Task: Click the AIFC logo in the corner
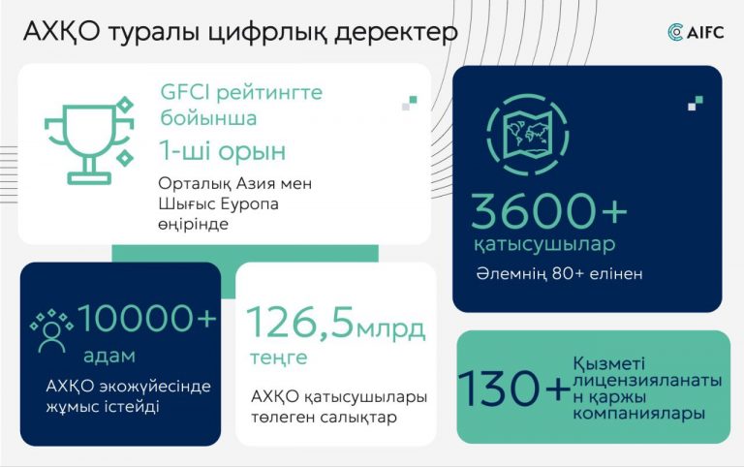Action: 696,32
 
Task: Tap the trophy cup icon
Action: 89,140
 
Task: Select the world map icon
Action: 528,135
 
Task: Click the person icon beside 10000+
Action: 51,331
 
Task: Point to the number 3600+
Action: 549,210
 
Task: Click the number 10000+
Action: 147,318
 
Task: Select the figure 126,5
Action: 300,323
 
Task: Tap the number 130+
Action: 514,389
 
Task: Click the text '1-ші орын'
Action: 222,151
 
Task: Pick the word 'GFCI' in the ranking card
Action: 185,92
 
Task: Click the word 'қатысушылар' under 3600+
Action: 544,245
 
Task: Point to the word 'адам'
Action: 109,356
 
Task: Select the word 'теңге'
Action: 279,358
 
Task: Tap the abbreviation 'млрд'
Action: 390,329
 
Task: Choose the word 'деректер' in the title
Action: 396,33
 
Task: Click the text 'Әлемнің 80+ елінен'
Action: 559,274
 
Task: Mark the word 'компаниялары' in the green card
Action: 638,414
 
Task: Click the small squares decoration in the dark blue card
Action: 696,103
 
